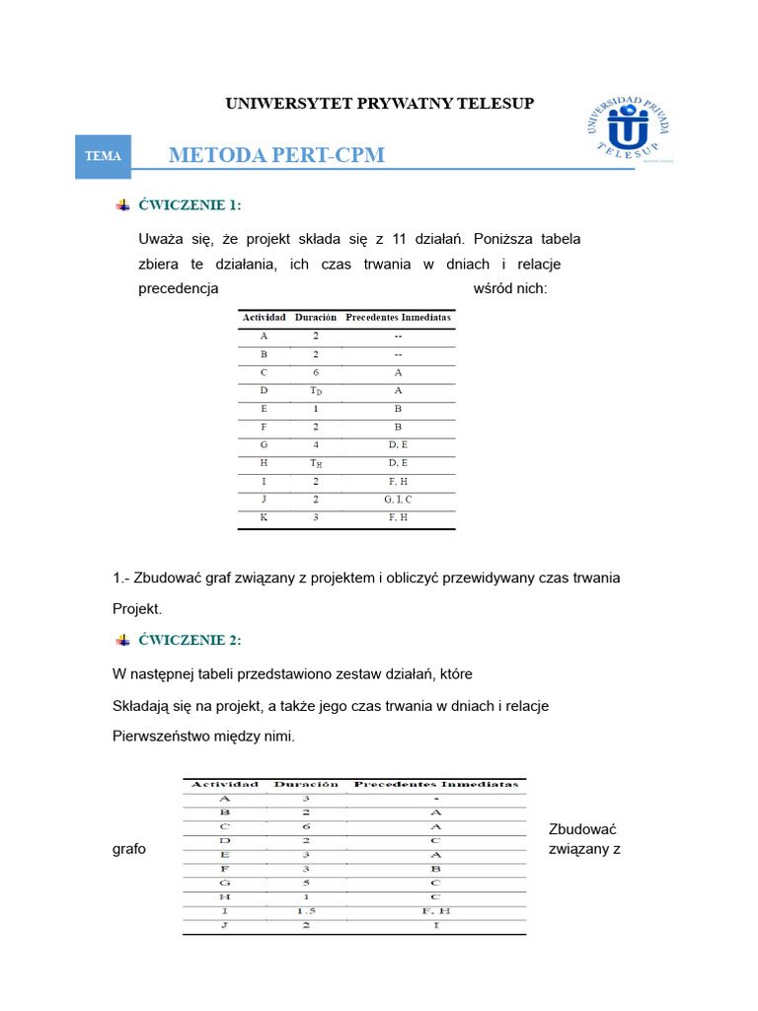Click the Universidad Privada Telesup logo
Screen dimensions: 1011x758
(628, 130)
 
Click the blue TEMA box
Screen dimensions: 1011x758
(104, 156)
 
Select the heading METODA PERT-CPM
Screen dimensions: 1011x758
(276, 155)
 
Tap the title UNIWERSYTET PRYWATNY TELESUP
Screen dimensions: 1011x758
(380, 103)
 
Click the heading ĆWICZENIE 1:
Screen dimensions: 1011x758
(189, 205)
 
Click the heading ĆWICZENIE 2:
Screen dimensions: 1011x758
(189, 640)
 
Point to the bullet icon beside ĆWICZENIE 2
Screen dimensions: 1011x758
(122, 640)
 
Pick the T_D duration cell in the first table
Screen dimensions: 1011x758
(315, 391)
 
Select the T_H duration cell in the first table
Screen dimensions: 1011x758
(315, 463)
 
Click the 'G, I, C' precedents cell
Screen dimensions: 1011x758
(399, 500)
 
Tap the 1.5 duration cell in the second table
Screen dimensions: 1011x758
(305, 910)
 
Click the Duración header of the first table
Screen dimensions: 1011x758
(315, 318)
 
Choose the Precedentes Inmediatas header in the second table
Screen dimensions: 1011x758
(435, 784)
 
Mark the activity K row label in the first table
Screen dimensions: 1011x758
(264, 517)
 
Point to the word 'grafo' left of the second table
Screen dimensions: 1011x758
(129, 849)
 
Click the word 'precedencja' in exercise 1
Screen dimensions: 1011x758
(178, 289)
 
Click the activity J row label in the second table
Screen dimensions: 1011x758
(224, 926)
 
